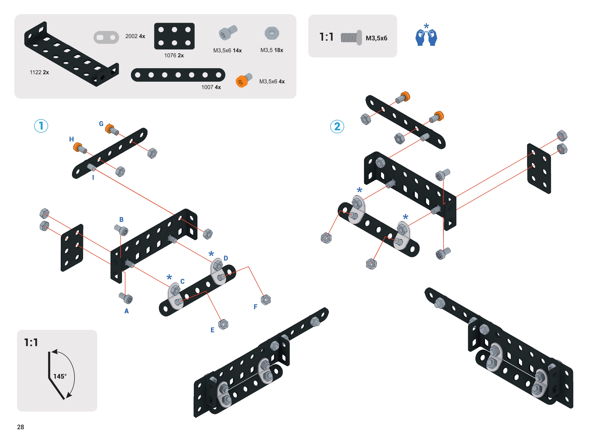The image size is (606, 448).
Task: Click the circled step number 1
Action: [41, 126]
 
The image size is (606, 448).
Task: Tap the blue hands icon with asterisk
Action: [426, 35]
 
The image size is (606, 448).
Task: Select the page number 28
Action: [21, 427]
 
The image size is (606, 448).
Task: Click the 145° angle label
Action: [60, 376]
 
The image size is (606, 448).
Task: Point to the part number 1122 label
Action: [39, 72]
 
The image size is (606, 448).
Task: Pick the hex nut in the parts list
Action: [272, 33]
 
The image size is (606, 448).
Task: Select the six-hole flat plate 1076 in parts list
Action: [174, 36]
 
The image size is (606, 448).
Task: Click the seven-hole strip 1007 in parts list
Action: [178, 75]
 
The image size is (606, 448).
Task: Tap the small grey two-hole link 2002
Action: [106, 37]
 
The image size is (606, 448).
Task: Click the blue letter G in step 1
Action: [101, 124]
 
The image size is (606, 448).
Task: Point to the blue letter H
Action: [71, 139]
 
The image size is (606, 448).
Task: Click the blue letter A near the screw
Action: [126, 311]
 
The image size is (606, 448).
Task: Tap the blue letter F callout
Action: [255, 307]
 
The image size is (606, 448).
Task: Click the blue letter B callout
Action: [121, 220]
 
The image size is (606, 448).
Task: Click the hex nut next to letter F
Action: [266, 300]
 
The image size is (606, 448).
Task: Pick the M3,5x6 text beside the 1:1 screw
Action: [376, 38]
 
